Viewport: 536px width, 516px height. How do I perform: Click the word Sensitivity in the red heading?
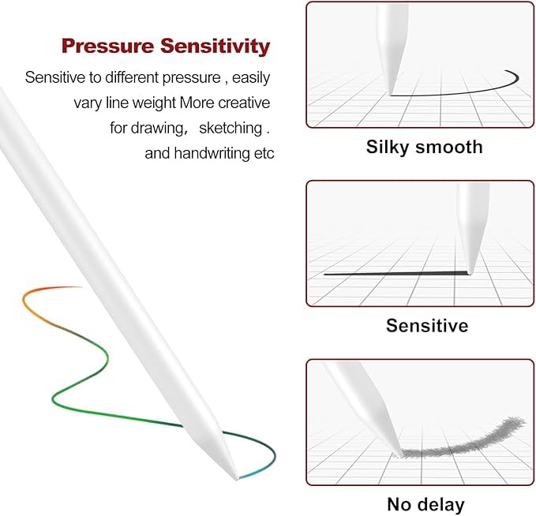pyautogui.click(x=214, y=46)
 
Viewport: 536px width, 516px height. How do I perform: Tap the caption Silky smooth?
pyautogui.click(x=424, y=147)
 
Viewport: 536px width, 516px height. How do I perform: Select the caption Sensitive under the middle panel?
pyautogui.click(x=427, y=325)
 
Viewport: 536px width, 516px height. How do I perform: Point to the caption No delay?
pyautogui.click(x=425, y=503)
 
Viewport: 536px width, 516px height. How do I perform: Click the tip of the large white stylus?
pyautogui.click(x=237, y=477)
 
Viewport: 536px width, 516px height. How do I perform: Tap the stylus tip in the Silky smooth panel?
pyautogui.click(x=392, y=94)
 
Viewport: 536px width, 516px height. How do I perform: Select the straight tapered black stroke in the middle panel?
pyautogui.click(x=395, y=273)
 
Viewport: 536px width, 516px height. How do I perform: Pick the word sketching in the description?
pyautogui.click(x=231, y=128)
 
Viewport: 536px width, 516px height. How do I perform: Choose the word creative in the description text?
pyautogui.click(x=242, y=103)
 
